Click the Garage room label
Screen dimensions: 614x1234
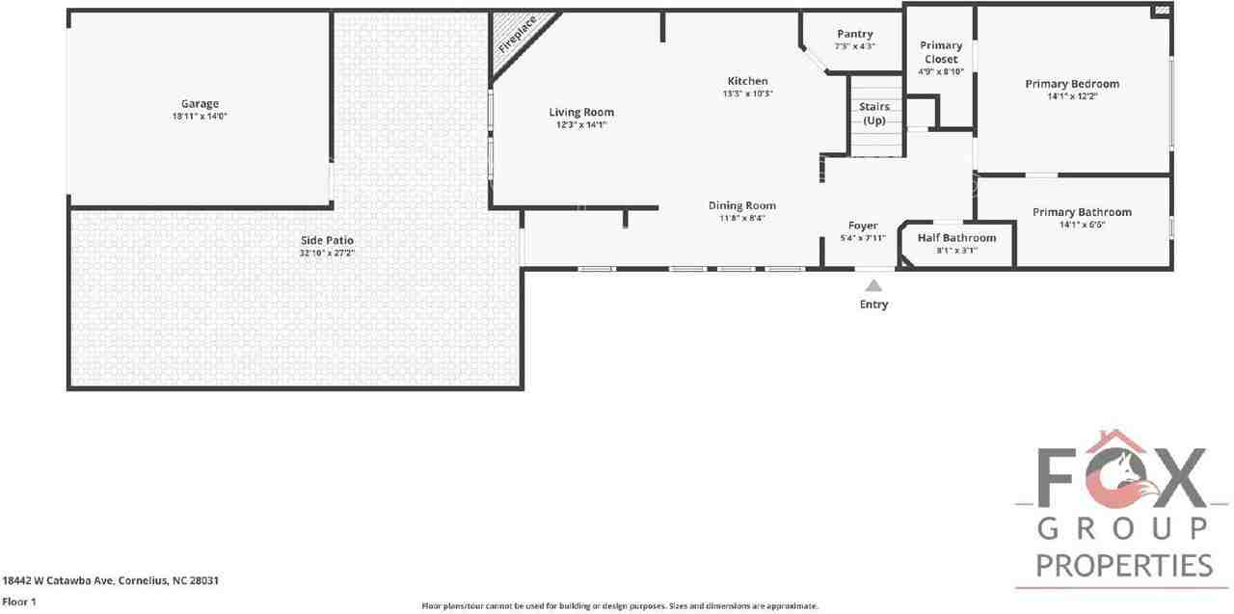point(200,104)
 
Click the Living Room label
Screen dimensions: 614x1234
point(581,113)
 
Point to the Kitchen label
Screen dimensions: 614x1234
point(747,81)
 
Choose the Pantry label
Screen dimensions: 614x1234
point(854,35)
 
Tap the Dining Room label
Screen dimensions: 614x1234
point(741,205)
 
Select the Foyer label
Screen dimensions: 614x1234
point(863,226)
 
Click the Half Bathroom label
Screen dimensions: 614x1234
point(956,238)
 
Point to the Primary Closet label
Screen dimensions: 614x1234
point(940,52)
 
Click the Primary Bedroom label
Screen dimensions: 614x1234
point(1071,84)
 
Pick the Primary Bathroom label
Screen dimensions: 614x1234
point(1082,212)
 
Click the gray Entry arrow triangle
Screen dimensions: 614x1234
point(873,285)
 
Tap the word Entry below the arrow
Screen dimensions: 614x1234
point(873,305)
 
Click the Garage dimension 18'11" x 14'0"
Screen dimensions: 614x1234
point(200,116)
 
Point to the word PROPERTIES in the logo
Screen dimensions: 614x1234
point(1124,565)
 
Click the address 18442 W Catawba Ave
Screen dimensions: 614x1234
point(58,580)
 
